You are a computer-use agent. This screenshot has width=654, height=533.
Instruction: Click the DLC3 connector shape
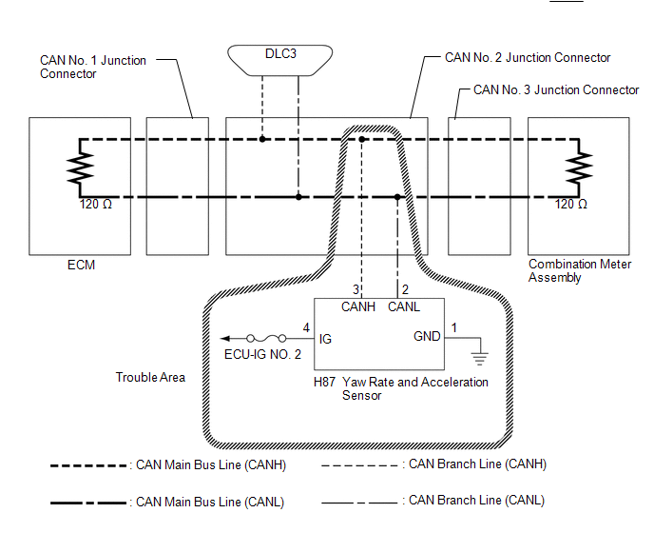coord(279,61)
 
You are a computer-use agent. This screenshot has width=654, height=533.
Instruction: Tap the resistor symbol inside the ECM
coord(80,168)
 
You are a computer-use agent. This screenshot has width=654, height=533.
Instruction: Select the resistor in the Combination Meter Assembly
coord(579,168)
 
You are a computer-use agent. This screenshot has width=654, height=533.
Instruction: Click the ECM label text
coord(82,265)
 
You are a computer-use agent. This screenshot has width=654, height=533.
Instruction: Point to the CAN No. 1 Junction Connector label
coord(93,67)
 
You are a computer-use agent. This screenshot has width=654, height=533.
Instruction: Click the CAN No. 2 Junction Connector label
coord(528,57)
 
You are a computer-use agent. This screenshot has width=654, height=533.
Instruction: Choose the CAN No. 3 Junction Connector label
coord(556,89)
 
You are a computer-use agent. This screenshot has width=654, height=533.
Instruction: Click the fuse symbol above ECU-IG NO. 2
coord(266,338)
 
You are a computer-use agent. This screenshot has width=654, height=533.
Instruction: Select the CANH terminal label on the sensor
coord(358,306)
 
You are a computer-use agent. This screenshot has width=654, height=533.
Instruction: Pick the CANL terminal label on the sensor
coord(404,306)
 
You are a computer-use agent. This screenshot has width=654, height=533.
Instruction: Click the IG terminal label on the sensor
coord(325,339)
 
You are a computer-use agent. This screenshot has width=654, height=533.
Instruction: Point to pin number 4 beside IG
coord(306,328)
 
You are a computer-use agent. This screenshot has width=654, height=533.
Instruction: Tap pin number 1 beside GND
coord(454,327)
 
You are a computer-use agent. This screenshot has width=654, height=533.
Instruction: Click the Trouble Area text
coord(150,377)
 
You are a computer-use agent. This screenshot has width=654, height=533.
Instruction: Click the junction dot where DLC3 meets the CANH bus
coord(262,139)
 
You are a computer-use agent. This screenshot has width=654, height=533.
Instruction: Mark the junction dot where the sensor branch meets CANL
coord(397,197)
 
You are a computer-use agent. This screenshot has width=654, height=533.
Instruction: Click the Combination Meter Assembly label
coord(580,270)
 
